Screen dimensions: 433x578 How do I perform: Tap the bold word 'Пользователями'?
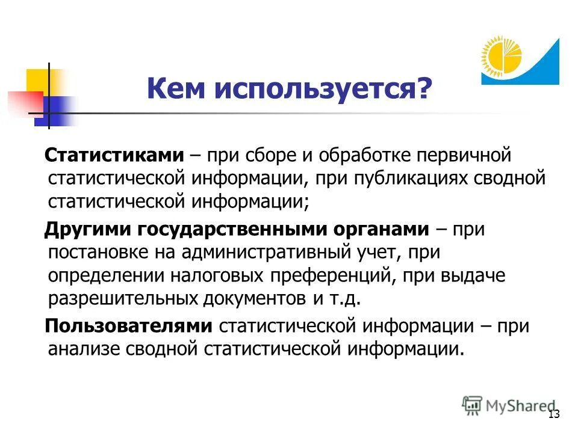click(x=129, y=325)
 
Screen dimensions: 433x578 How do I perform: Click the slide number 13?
click(x=554, y=414)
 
